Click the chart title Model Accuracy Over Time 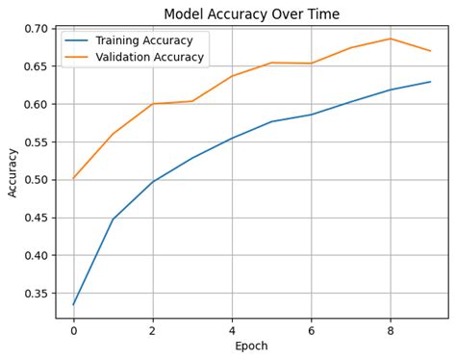pos(251,13)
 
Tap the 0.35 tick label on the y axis pos(35,294)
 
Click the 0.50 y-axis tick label pos(35,180)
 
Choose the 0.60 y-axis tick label pos(35,104)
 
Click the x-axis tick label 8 pos(391,330)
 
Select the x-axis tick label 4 pos(232,330)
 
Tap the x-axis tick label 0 pos(73,330)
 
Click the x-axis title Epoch pos(251,346)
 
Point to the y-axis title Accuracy pos(13,172)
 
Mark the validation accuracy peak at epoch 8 pos(391,39)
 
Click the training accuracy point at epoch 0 pos(73,304)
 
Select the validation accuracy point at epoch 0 pos(73,178)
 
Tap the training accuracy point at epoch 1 pos(113,219)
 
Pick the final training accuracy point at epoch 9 pos(430,82)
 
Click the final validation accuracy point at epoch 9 pos(430,51)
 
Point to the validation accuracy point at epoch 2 pos(153,104)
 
